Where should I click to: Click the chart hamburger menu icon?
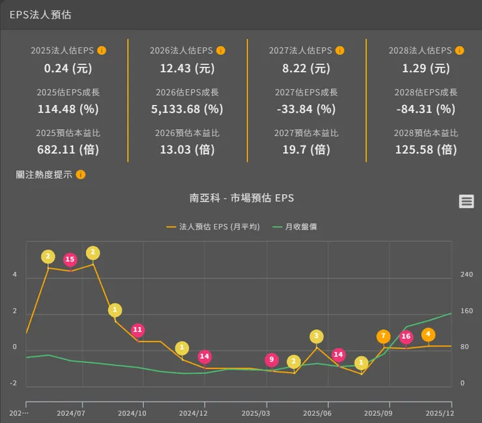point(466,201)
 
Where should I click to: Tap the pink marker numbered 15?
point(70,260)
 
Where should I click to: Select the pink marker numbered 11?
point(137,330)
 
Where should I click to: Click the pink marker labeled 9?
point(272,360)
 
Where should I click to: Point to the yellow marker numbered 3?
point(317,336)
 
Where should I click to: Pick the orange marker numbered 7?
point(384,337)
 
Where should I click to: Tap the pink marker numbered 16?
point(406,337)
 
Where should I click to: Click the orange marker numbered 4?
point(428,335)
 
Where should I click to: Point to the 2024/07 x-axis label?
point(70,413)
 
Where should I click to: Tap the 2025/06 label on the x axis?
point(317,413)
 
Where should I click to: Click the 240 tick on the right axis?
point(466,275)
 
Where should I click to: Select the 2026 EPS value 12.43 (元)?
point(187,68)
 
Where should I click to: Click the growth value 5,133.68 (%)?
point(187,109)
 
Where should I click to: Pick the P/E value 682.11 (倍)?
point(68,149)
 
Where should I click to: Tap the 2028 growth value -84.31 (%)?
point(426,109)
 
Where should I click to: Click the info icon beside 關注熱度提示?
point(81,175)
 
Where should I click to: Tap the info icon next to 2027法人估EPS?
point(341,51)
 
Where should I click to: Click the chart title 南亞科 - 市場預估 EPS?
point(242,198)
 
